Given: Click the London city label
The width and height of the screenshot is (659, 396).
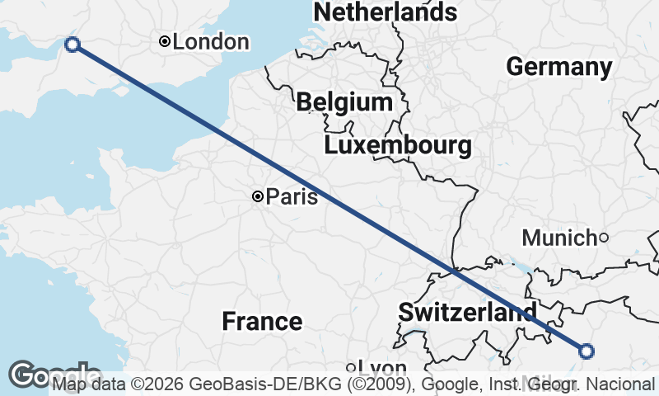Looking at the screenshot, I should [211, 41].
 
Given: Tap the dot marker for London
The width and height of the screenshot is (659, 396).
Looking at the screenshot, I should [165, 41].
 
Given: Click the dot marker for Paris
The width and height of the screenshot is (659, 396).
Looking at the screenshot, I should [258, 196].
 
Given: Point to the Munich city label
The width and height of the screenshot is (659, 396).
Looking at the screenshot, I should [559, 238].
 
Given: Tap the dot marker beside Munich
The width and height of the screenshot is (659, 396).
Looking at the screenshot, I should [603, 238].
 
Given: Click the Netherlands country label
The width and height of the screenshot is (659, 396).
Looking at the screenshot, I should [385, 12].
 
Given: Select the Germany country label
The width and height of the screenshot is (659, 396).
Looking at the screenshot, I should [559, 67].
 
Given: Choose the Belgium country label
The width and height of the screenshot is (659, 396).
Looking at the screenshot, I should [344, 102].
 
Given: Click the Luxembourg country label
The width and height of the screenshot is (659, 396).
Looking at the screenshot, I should [398, 146].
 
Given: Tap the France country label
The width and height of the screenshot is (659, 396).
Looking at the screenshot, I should [262, 321].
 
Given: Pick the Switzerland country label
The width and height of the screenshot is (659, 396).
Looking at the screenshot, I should [466, 313].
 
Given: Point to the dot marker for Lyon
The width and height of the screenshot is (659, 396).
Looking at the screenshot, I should [350, 368].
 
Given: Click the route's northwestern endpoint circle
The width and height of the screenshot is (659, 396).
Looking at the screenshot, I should [72, 45].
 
